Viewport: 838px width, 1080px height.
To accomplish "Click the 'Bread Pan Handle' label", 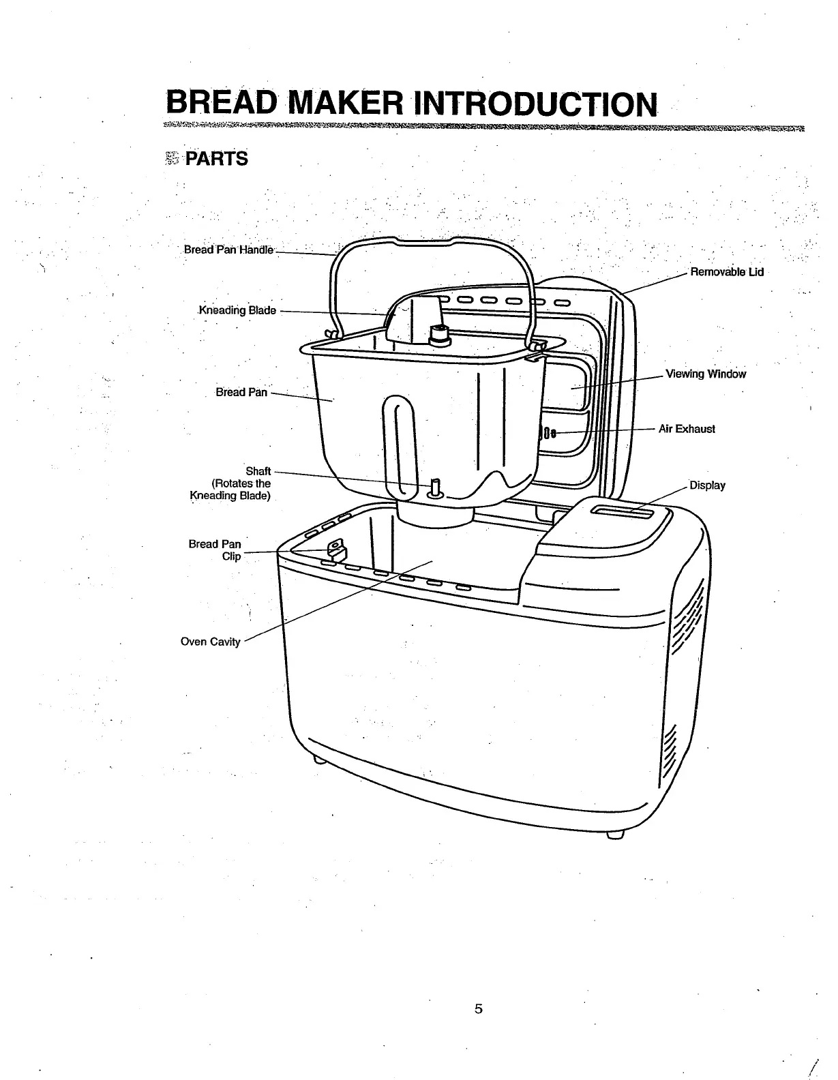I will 228,250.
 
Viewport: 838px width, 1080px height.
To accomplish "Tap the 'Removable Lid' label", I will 727,272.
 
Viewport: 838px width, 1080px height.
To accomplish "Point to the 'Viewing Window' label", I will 706,374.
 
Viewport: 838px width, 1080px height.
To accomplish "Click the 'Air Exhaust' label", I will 687,429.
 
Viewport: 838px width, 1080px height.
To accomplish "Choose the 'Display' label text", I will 707,485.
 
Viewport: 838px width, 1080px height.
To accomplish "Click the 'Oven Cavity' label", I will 210,642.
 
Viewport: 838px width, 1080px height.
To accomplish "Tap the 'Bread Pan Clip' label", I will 215,550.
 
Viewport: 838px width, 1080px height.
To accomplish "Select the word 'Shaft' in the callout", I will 258,471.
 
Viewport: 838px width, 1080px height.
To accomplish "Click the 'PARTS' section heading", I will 217,160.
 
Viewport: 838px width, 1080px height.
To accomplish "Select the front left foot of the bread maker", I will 318,759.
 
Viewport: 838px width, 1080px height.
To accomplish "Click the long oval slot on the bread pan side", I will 398,443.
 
